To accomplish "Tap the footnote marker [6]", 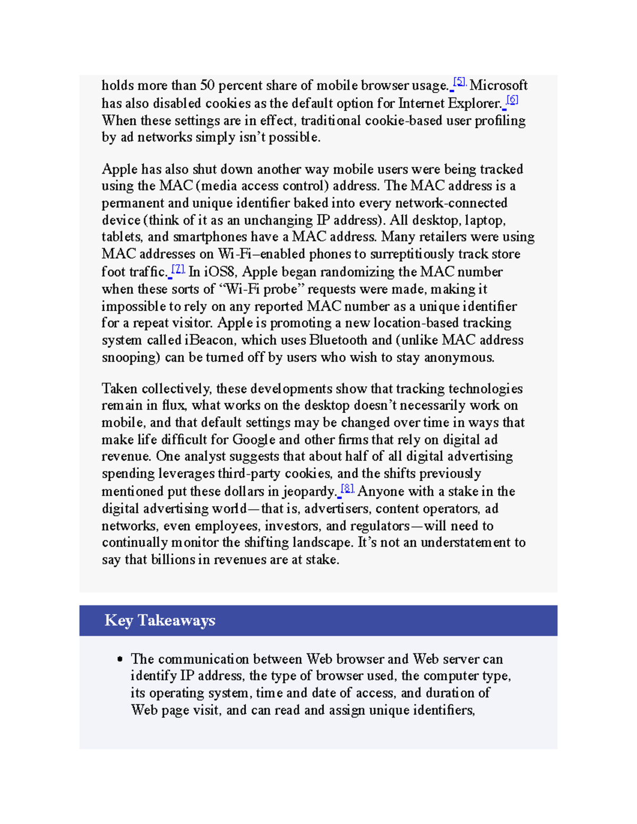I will pos(512,99).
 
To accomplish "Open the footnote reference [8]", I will pos(347,488).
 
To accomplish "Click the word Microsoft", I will pos(498,85).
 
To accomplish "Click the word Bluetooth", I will pos(338,340).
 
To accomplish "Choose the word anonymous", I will pos(459,358).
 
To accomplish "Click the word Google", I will pos(254,440).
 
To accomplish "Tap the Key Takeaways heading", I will pos(160,620).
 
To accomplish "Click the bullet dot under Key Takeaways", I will pos(120,660).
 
